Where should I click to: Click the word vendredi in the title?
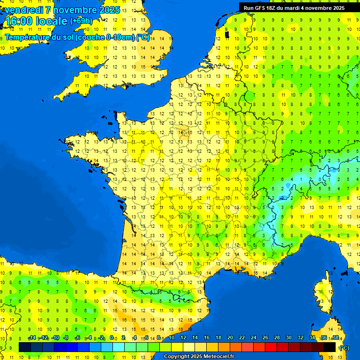tap(22, 10)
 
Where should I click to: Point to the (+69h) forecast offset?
tap(81, 21)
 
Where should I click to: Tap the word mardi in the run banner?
tap(298, 8)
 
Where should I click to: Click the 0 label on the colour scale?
tap(112, 337)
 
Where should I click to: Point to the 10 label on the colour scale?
tap(171, 337)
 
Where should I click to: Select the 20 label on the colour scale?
tap(230, 337)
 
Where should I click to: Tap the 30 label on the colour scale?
tap(289, 337)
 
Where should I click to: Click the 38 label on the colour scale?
tap(336, 337)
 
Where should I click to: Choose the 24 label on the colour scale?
tap(254, 337)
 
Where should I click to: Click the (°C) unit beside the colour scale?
tap(344, 348)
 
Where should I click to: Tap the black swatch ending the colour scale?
tap(330, 347)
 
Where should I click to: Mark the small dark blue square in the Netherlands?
tap(227, 34)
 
